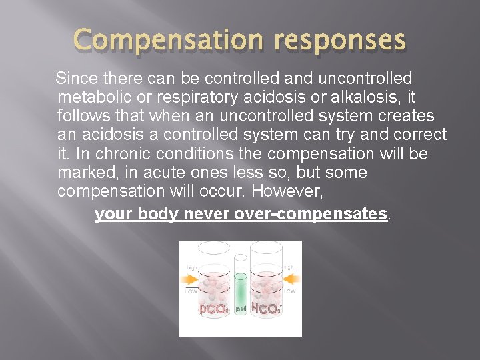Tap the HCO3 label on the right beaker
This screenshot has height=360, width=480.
(266, 309)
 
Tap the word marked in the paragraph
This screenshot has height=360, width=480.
(87, 172)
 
